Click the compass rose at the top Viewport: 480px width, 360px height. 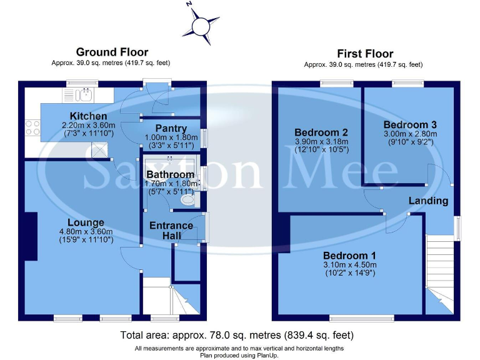point(202,26)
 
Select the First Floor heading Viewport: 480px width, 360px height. point(365,54)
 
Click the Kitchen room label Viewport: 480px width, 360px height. point(88,116)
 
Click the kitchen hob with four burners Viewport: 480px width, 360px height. point(32,127)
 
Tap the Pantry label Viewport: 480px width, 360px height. point(171,128)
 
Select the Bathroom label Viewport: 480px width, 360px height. point(170,174)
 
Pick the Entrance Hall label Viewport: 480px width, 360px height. point(171,230)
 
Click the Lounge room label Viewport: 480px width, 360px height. point(86,222)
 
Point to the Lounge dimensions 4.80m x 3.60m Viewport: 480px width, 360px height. point(87,231)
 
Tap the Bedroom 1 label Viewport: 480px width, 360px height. point(349,256)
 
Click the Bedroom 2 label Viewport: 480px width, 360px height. point(321,132)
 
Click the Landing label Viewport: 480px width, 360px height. point(428,201)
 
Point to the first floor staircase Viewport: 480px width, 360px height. point(440,269)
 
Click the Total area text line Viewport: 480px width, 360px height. point(240,335)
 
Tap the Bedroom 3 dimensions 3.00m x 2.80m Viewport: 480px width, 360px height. point(410,133)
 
